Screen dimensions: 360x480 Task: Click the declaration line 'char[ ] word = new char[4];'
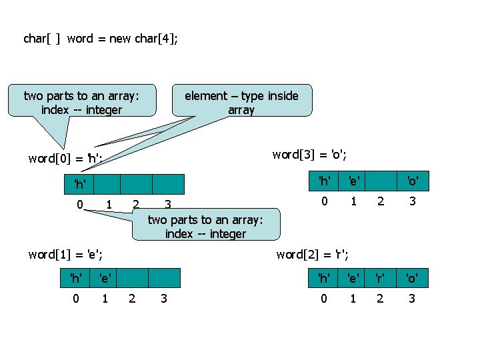point(101,39)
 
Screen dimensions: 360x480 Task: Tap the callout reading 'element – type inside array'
point(241,102)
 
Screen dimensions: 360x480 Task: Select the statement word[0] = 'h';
point(65,159)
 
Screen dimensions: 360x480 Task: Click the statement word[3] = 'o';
point(309,155)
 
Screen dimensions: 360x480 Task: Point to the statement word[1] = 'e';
point(65,253)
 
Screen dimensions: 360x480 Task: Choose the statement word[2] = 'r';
point(313,253)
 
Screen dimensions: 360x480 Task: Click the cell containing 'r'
point(380,276)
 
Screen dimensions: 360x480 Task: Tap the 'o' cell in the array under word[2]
point(412,276)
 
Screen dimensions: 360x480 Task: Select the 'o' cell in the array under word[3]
point(412,181)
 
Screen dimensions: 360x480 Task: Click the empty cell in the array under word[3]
point(380,181)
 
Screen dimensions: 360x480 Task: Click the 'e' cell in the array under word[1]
point(105,276)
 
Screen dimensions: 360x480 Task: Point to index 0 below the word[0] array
point(79,203)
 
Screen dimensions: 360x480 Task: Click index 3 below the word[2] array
point(412,298)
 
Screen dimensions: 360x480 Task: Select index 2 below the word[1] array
point(132,298)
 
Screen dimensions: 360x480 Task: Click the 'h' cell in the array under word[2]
point(324,276)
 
